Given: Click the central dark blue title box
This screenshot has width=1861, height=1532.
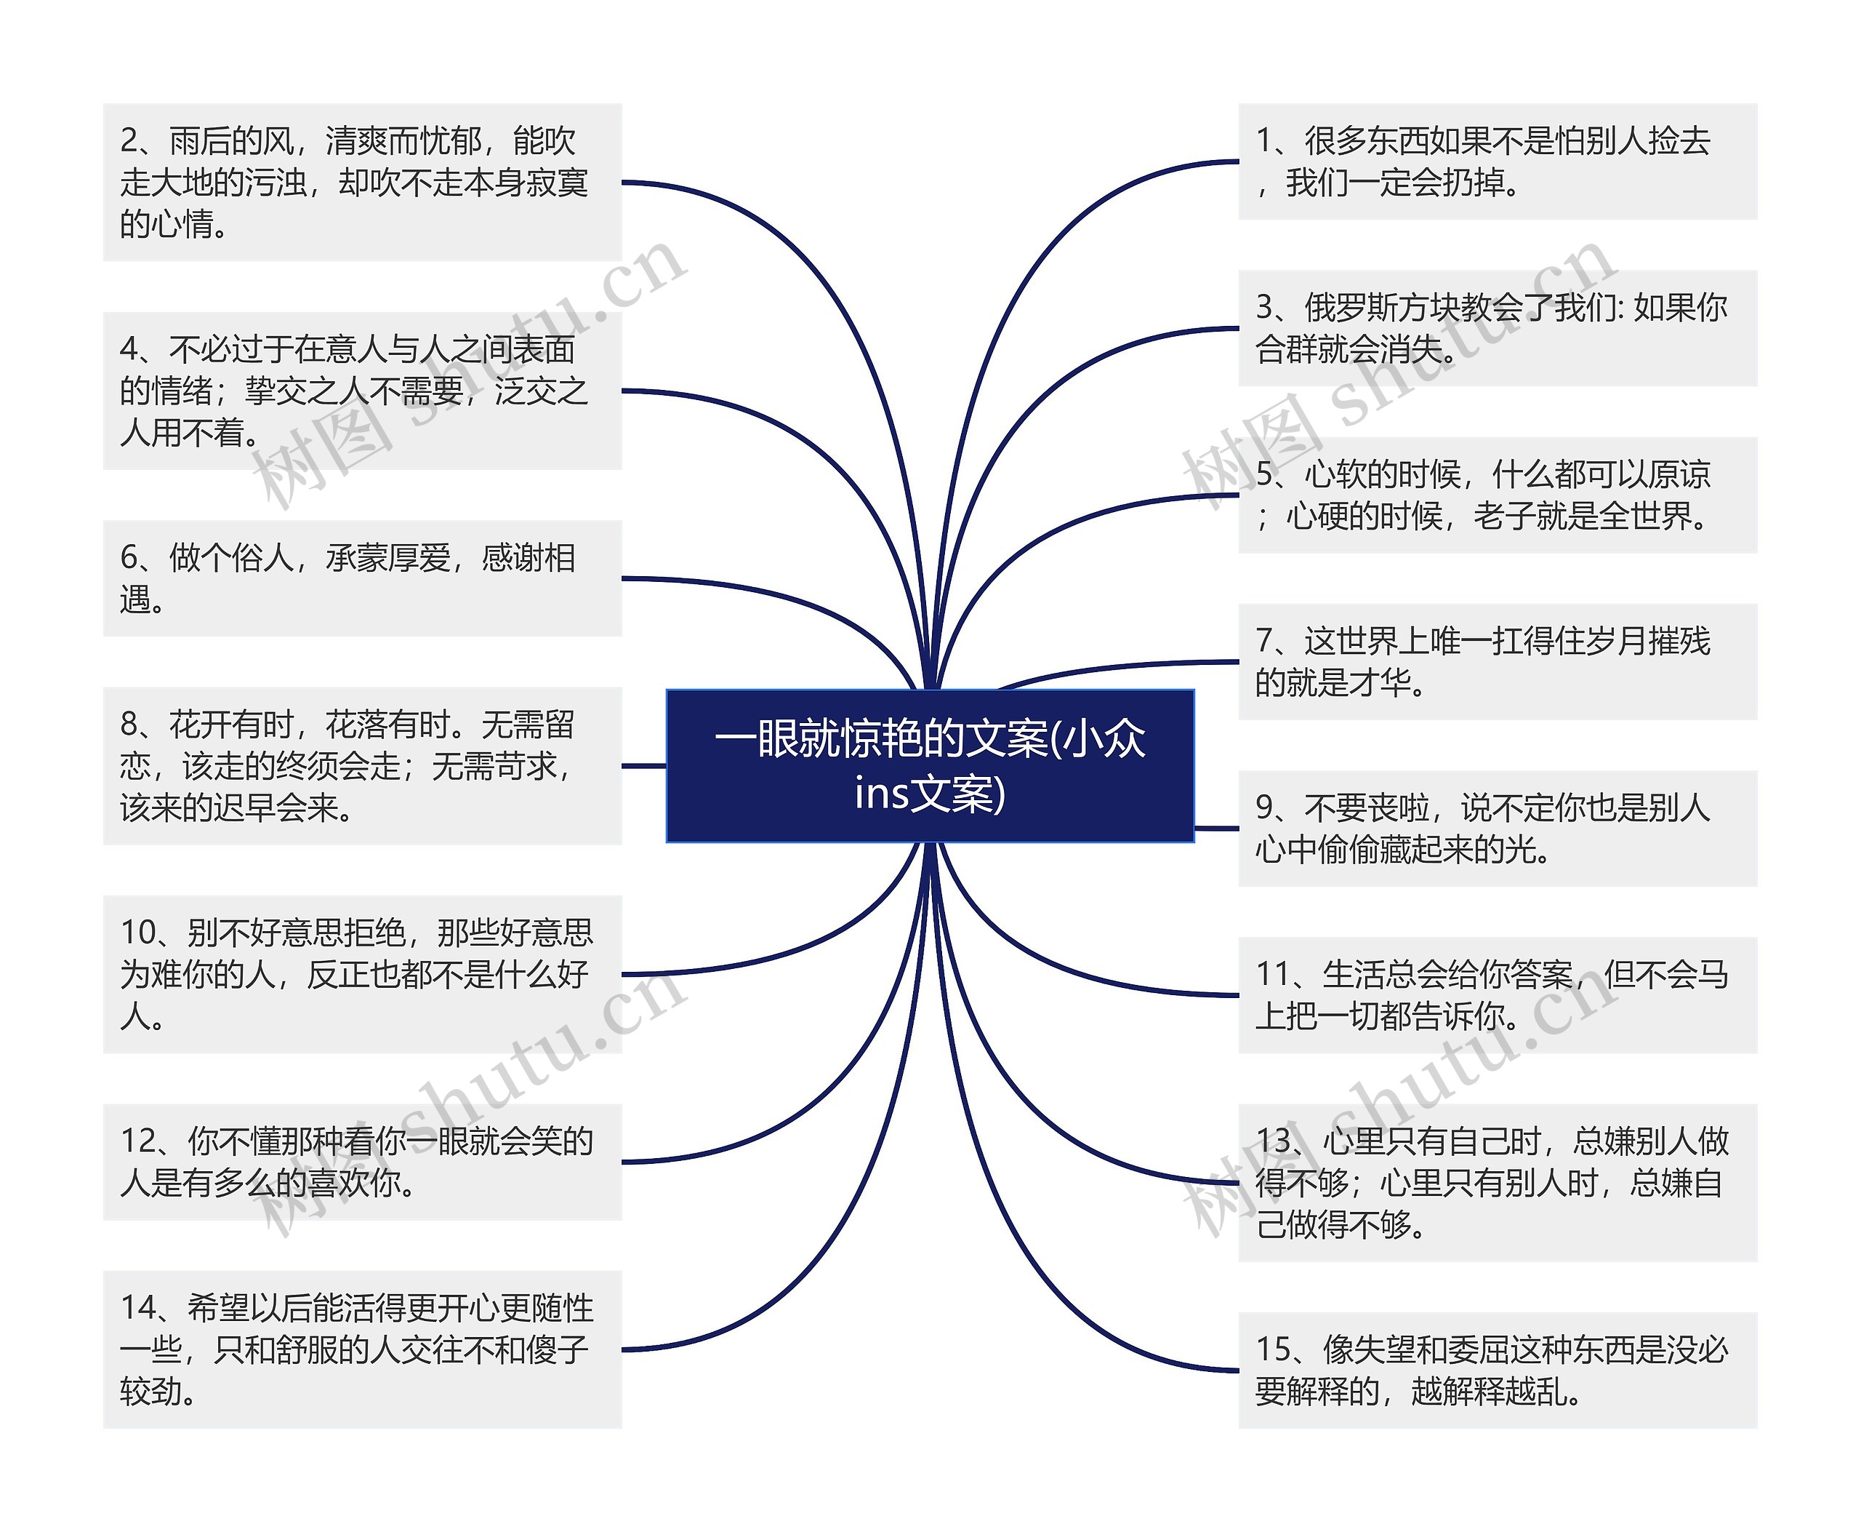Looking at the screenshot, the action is click(930, 765).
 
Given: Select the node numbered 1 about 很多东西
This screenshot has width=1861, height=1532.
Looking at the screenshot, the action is click(1497, 161).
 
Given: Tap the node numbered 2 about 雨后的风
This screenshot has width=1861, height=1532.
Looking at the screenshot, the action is click(361, 182).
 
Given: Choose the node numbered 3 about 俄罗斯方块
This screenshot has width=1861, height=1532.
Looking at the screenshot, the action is click(1497, 328).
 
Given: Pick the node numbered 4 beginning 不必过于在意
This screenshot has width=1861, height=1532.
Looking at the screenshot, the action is click(361, 390).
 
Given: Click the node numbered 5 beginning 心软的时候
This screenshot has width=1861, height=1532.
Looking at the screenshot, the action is click(1497, 495).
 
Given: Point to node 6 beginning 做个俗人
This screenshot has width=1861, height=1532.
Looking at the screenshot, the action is click(361, 578).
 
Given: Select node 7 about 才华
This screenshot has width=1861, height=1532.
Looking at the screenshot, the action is click(1497, 661).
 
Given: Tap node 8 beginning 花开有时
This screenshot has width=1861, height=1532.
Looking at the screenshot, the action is click(361, 765).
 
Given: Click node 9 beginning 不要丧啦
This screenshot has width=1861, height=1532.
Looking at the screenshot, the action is click(1497, 828).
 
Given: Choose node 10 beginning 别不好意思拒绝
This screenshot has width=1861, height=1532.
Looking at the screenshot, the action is click(361, 974).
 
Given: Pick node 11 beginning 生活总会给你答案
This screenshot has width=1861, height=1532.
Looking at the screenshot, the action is click(1497, 994).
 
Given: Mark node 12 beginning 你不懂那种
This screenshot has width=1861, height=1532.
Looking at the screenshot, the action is click(361, 1161).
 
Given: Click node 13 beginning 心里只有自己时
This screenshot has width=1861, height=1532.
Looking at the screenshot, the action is click(1497, 1183).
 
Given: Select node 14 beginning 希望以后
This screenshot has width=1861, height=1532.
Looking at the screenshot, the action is click(361, 1349).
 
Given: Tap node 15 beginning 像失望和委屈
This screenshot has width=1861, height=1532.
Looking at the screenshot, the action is click(1497, 1371).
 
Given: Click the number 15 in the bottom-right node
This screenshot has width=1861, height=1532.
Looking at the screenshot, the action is click(1273, 1349).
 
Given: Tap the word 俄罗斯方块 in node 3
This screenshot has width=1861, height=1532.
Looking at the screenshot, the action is click(1382, 308).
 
